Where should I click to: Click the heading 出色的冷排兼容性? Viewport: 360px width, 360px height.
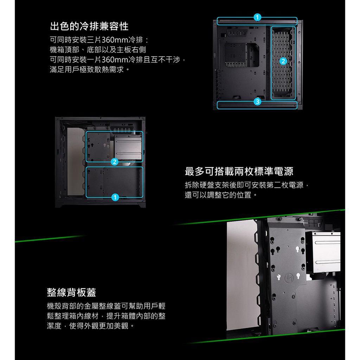click(89, 26)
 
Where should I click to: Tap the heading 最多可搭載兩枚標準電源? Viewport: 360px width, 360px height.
click(239, 171)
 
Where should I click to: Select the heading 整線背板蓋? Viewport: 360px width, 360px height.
click(71, 292)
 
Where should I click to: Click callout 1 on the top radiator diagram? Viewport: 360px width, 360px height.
click(257, 17)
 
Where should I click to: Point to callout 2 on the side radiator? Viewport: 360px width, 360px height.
click(283, 61)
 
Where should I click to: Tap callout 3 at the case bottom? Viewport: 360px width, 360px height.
click(257, 102)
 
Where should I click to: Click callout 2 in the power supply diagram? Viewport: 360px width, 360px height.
click(114, 162)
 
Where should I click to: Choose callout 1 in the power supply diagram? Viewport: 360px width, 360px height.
click(115, 197)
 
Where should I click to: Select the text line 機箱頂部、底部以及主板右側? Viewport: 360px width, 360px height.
click(98, 50)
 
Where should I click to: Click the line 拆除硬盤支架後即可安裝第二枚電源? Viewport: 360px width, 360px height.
click(247, 185)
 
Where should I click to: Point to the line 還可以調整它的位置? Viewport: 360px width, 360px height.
click(221, 195)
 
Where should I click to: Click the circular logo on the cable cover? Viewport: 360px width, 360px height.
click(289, 278)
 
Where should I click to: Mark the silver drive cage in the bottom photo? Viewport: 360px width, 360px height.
click(323, 252)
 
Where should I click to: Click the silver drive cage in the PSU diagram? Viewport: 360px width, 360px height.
click(128, 147)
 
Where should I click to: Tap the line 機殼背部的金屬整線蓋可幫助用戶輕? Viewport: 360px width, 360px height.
click(106, 306)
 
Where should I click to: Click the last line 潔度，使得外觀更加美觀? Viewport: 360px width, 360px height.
click(90, 326)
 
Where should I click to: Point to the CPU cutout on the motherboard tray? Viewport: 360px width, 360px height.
click(242, 55)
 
